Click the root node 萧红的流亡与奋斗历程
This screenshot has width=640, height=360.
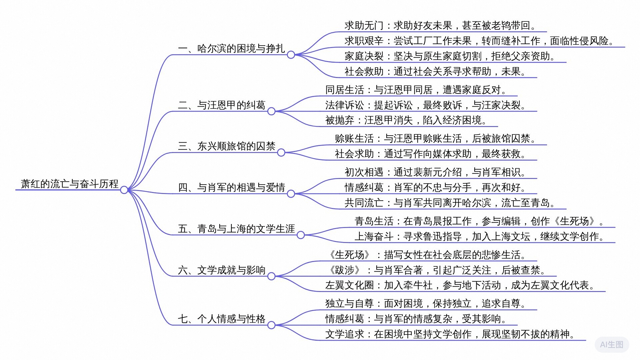(69, 184)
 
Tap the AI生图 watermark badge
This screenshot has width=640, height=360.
(611, 345)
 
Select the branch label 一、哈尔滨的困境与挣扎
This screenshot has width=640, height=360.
(231, 49)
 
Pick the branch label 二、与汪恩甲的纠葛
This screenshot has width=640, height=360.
(222, 105)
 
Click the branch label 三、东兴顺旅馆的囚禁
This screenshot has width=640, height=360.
(227, 146)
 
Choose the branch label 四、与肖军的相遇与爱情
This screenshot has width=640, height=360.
(231, 188)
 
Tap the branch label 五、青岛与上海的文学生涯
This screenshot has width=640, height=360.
(236, 229)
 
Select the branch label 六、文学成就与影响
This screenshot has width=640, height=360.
(222, 270)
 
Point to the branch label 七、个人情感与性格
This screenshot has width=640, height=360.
(222, 319)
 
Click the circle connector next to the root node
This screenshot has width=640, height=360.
(124, 190)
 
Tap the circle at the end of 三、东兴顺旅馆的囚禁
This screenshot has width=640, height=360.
(281, 153)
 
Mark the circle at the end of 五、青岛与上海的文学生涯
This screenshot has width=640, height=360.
(301, 235)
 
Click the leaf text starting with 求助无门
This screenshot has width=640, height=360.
(440, 26)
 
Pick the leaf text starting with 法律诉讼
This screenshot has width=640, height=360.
(425, 105)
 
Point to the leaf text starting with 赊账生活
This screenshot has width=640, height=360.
(435, 139)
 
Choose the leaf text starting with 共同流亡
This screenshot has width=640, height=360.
(450, 203)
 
